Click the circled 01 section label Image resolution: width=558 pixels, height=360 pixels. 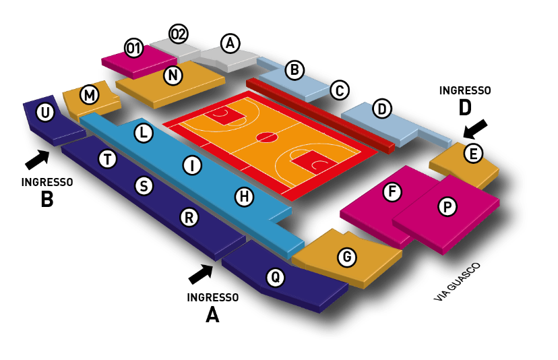[x=134, y=48]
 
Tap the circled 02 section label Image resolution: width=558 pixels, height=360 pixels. [x=179, y=34]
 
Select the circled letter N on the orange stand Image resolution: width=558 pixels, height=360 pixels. [x=173, y=76]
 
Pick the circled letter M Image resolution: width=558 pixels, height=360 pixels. [x=90, y=95]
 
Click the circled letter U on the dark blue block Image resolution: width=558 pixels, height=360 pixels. [x=45, y=113]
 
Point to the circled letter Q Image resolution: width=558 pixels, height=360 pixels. [x=276, y=276]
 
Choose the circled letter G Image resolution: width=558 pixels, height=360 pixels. [x=347, y=257]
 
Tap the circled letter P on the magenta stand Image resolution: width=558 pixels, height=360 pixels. [x=447, y=206]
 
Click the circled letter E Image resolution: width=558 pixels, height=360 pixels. [x=473, y=154]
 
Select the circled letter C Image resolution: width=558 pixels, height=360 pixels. [x=340, y=90]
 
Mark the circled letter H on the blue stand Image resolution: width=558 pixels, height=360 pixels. [x=245, y=197]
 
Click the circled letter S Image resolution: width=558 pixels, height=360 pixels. [x=144, y=186]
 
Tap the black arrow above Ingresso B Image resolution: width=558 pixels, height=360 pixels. [x=38, y=159]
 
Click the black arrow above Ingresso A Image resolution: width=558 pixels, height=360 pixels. [x=201, y=274]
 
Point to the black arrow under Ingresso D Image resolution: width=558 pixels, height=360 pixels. [x=475, y=129]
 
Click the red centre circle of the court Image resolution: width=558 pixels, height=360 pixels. [x=267, y=137]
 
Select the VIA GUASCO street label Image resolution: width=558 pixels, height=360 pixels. [x=458, y=282]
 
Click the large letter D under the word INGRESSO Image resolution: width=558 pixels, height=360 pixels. [x=465, y=107]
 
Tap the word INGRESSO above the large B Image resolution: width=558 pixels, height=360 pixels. [x=47, y=182]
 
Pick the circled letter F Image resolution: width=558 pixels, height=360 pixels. [x=392, y=191]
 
